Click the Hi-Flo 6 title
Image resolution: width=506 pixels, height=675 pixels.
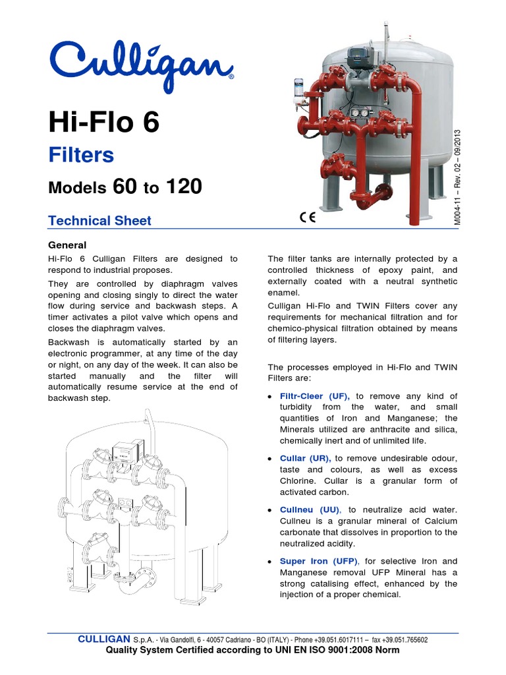click(104, 123)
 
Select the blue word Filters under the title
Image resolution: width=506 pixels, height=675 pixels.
click(82, 155)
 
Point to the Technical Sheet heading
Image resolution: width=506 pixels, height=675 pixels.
click(100, 221)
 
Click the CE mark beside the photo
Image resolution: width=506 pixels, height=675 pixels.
click(307, 218)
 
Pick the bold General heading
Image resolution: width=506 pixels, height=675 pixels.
click(68, 245)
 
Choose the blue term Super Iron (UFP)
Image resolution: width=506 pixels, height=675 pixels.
click(318, 561)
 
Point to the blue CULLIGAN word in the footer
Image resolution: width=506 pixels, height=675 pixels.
click(104, 639)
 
